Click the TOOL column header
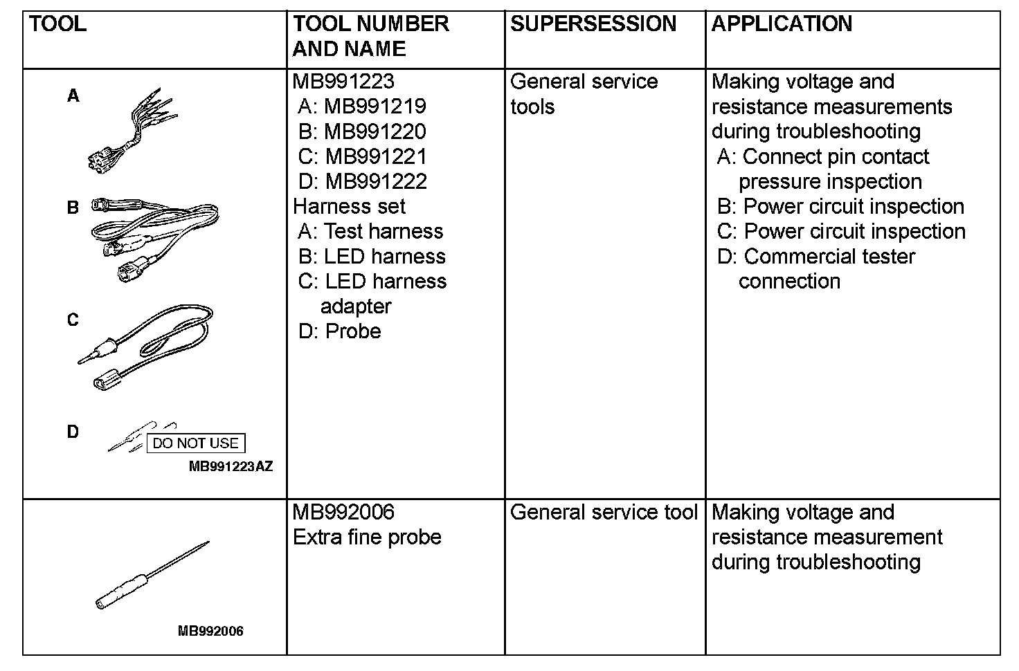(x=58, y=24)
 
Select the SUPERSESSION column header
(x=593, y=24)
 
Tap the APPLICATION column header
(x=782, y=24)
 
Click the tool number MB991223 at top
(x=343, y=82)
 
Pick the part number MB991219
(x=375, y=107)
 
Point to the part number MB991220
(x=375, y=131)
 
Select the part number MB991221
(x=376, y=156)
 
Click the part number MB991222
(x=376, y=181)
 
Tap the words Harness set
(x=349, y=206)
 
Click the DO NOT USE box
(x=195, y=443)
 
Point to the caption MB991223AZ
(x=231, y=467)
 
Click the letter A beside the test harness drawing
(x=73, y=96)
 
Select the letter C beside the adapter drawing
(x=73, y=320)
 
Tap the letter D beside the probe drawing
(x=73, y=432)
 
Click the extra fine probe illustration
(x=152, y=575)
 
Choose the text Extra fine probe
(x=367, y=537)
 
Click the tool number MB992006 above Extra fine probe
(x=343, y=513)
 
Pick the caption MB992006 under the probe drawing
(x=210, y=631)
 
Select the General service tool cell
(x=604, y=513)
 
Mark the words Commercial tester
(x=829, y=257)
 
